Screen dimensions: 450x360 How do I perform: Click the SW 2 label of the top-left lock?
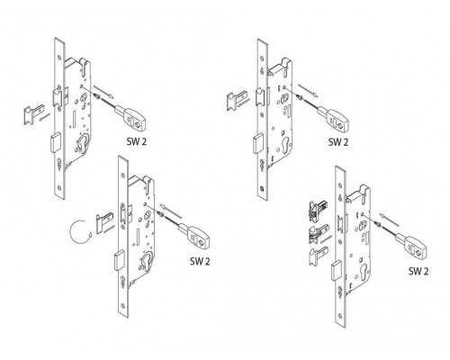click(x=137, y=141)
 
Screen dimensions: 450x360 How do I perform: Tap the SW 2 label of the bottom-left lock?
click(x=200, y=261)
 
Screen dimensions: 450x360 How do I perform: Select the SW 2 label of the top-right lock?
click(x=338, y=142)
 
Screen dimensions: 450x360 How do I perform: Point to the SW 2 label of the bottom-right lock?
click(x=418, y=271)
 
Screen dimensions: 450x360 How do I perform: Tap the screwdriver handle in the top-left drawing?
click(x=130, y=117)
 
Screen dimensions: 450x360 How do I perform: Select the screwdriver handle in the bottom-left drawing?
click(x=194, y=236)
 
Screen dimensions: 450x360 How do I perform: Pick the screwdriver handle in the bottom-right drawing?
click(x=411, y=246)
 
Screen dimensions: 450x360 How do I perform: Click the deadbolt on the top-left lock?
click(x=55, y=143)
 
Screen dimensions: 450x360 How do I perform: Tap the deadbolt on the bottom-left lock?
click(x=119, y=261)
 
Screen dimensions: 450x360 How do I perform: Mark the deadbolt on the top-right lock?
click(x=257, y=144)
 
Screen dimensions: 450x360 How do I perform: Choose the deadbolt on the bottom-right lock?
click(x=337, y=271)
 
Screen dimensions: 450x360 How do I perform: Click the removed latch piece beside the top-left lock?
click(x=33, y=113)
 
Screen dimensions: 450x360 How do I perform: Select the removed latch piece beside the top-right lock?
click(x=237, y=100)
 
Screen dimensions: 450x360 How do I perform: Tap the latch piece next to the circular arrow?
click(x=104, y=223)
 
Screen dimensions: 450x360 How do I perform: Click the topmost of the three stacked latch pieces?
click(x=318, y=210)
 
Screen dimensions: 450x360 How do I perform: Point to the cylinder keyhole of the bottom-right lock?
click(x=364, y=271)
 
